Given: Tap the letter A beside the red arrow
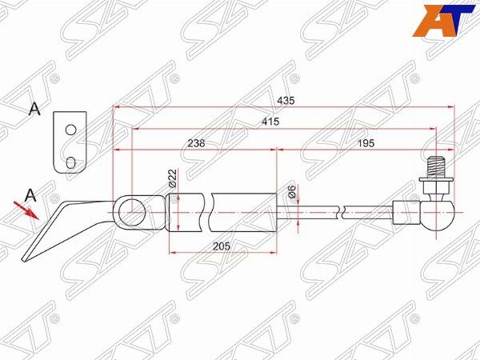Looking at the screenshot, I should point(30,194).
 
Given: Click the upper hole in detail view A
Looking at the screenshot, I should point(70,130).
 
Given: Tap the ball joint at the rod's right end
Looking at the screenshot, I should point(438,214).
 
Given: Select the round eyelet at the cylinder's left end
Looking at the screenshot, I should point(133,212).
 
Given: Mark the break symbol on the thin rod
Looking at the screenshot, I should point(343,212).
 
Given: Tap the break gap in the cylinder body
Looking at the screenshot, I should point(210,212).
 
